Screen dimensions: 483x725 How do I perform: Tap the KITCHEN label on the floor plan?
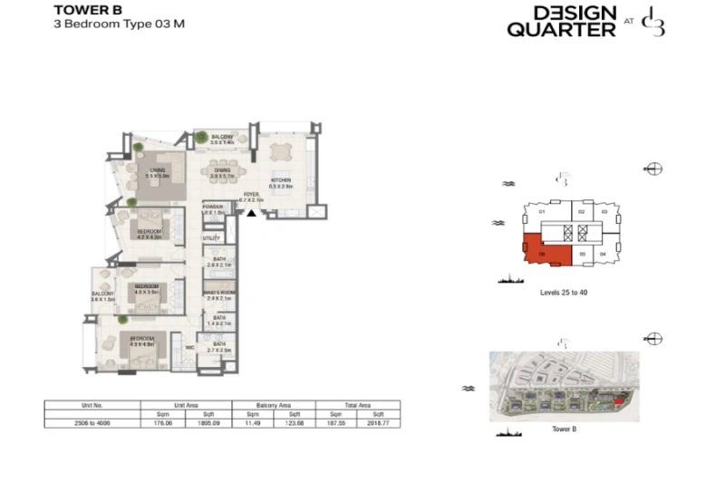click(281, 182)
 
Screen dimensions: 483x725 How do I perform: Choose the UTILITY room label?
click(211, 238)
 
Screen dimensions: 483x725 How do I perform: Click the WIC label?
click(191, 346)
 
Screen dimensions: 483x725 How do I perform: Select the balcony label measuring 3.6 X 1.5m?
click(101, 296)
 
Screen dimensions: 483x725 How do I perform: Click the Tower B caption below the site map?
click(563, 429)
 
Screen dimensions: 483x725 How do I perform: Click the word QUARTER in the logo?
click(561, 30)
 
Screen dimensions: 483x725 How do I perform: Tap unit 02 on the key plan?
click(581, 212)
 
